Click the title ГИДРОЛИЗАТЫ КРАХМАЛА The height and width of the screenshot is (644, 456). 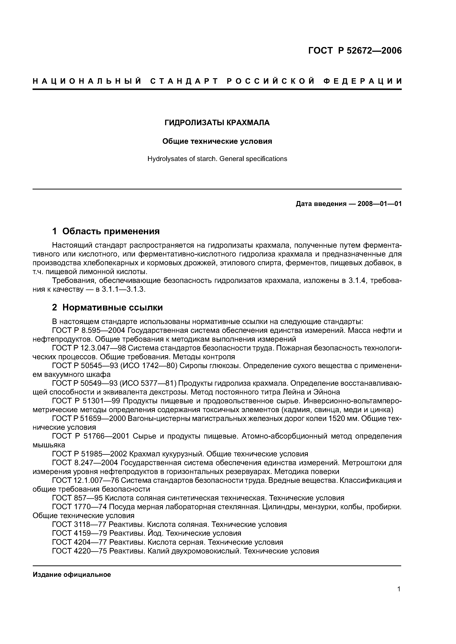click(217, 123)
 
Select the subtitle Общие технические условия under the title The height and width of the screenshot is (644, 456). click(217, 141)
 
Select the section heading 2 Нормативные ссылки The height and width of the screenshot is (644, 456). click(107, 307)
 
